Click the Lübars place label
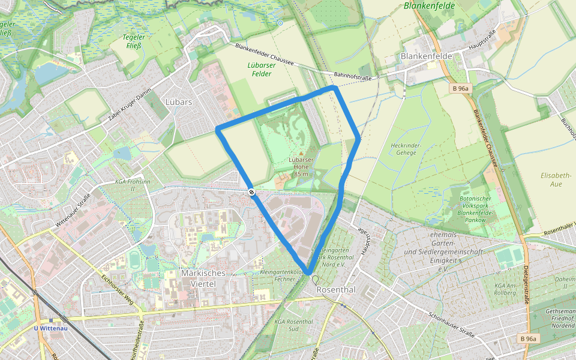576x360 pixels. pyautogui.click(x=179, y=102)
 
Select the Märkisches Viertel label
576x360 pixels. pyautogui.click(x=203, y=278)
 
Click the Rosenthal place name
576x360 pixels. pyautogui.click(x=336, y=290)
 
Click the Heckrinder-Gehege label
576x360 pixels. pyautogui.click(x=406, y=149)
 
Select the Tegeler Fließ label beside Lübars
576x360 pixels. pyautogui.click(x=133, y=41)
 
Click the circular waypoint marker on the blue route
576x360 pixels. pyautogui.click(x=251, y=192)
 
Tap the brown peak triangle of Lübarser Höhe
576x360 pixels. pyautogui.click(x=301, y=154)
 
